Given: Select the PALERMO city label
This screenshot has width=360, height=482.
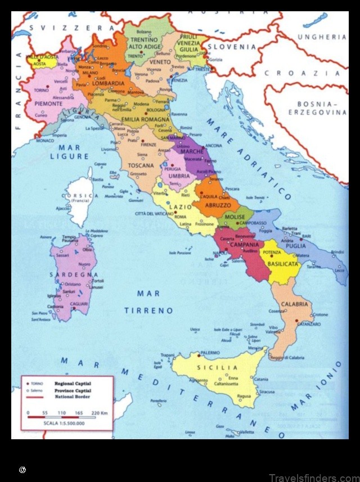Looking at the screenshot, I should (209, 353).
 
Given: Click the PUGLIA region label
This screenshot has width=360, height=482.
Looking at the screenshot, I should (296, 246).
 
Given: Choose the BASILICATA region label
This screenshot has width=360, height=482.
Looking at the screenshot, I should (282, 263).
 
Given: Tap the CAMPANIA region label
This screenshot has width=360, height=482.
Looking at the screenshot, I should (244, 245).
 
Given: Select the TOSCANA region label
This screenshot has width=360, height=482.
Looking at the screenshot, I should (141, 166).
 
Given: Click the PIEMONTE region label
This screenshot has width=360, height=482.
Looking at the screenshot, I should (48, 104).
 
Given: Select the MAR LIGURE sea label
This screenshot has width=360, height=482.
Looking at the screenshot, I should (70, 152).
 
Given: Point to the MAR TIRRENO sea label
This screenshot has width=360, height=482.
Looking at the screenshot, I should (148, 302).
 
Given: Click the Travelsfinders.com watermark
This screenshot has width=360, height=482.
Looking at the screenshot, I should (313, 478).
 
